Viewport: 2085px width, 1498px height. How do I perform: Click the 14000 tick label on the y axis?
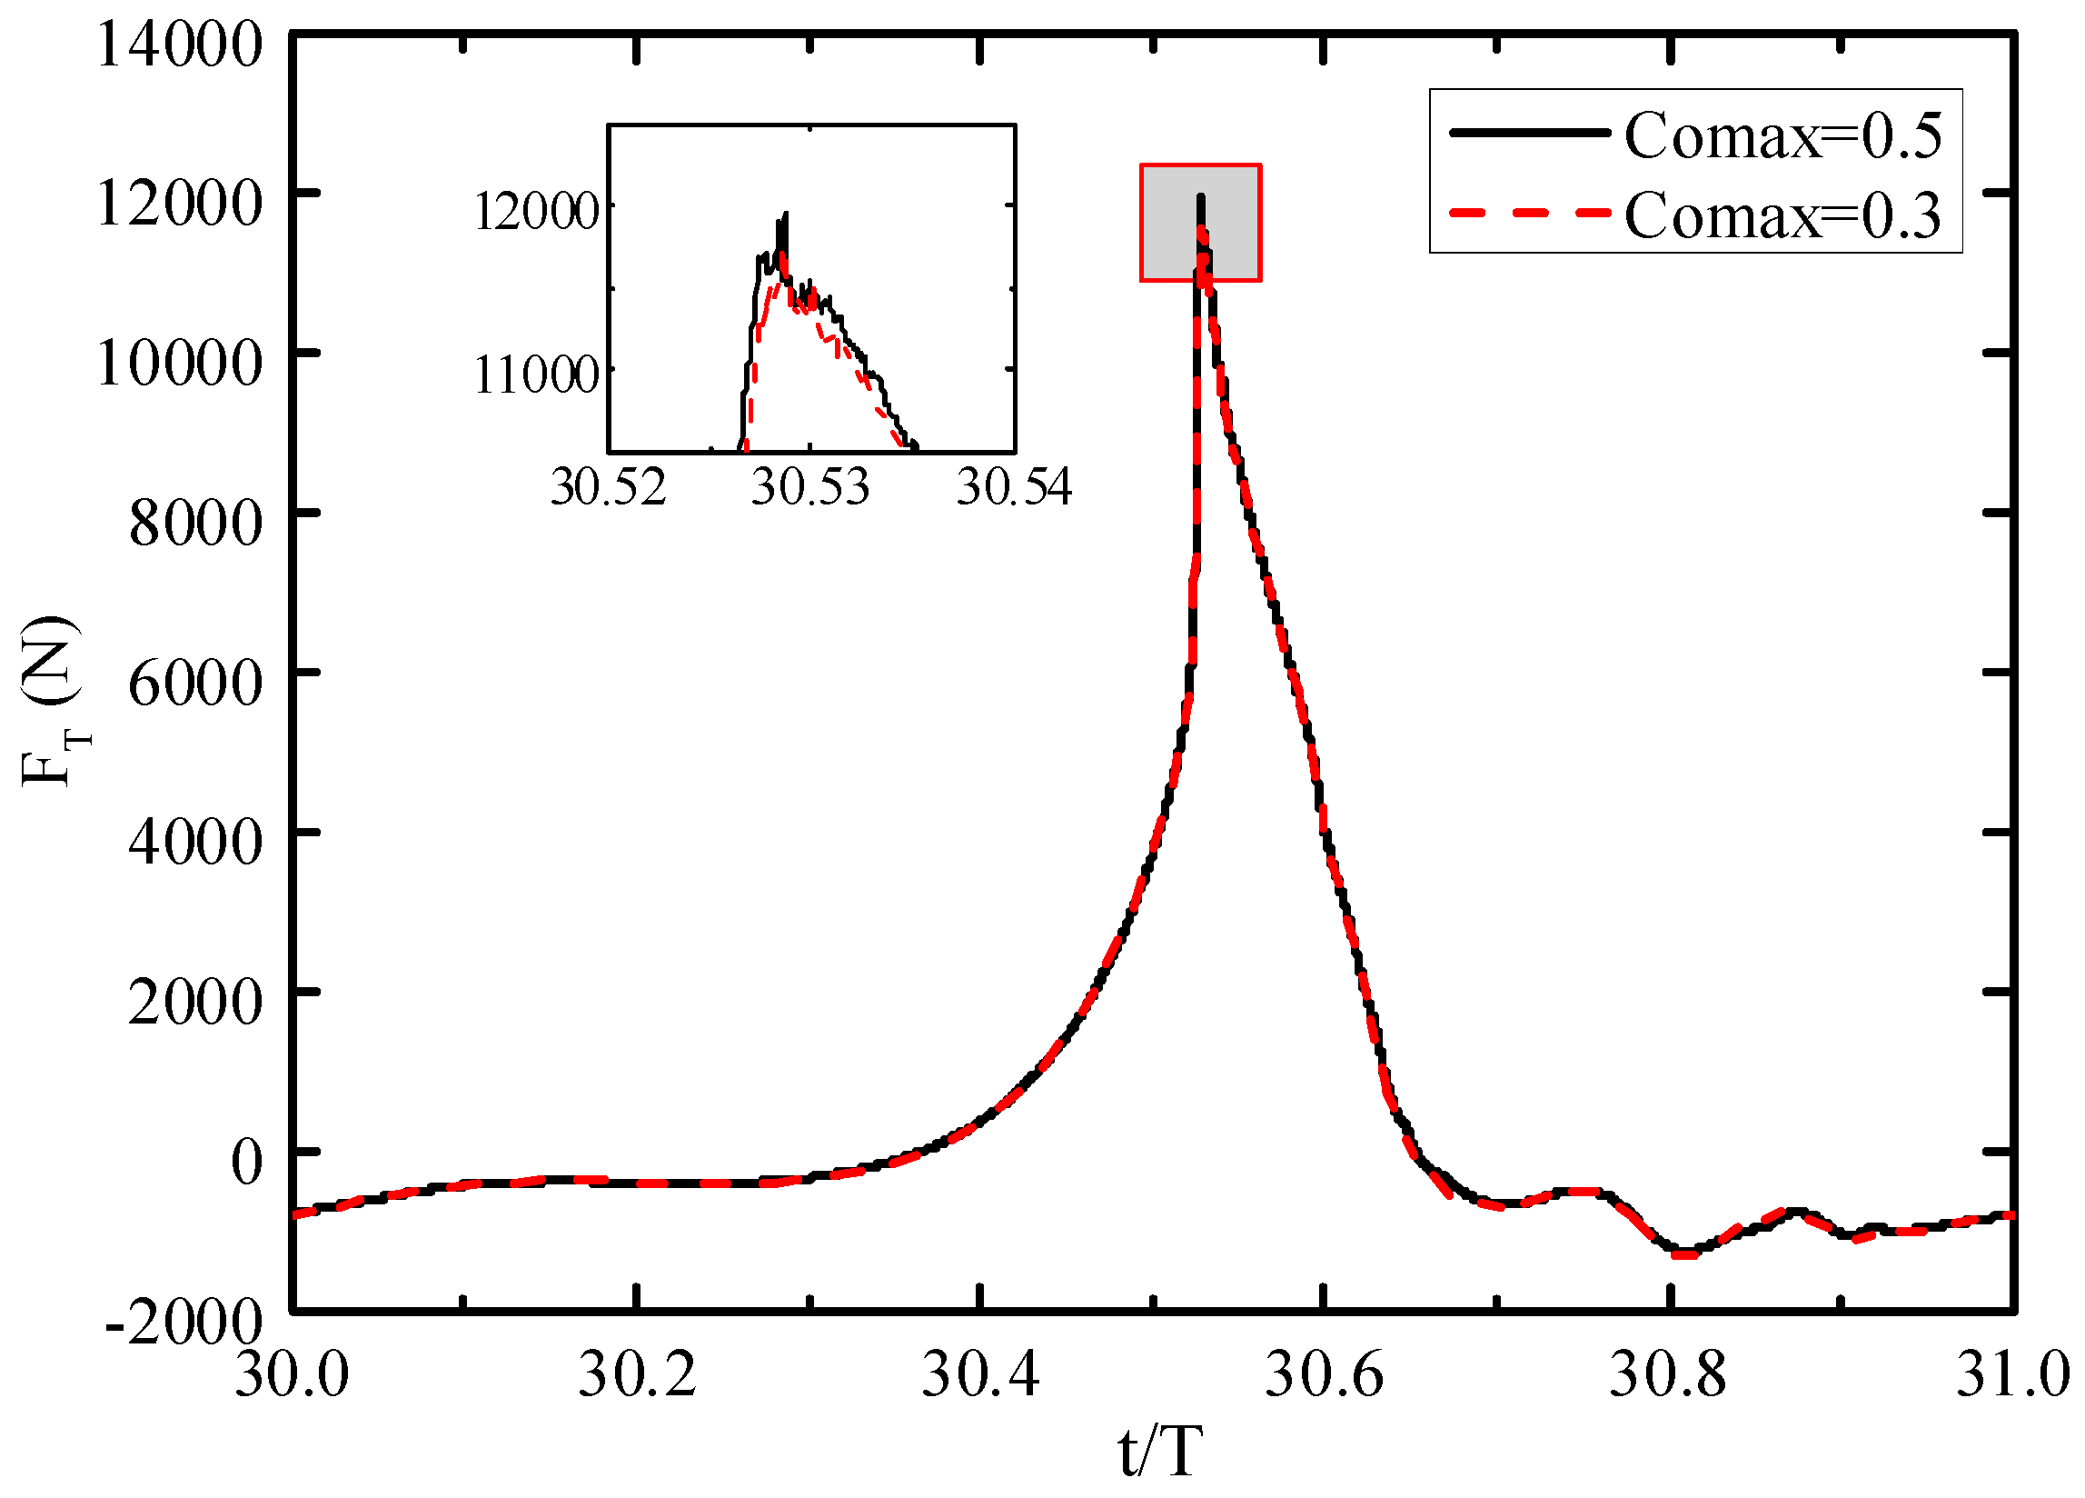pyautogui.click(x=179, y=45)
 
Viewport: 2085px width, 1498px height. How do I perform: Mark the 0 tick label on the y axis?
pyautogui.click(x=246, y=1163)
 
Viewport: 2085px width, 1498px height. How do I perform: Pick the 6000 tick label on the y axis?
pyautogui.click(x=195, y=684)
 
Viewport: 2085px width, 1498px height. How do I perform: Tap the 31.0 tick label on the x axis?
pyautogui.click(x=2011, y=1375)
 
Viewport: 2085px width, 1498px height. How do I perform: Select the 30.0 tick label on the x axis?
pyautogui.click(x=292, y=1375)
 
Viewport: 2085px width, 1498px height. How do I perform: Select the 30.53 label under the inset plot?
pyautogui.click(x=809, y=486)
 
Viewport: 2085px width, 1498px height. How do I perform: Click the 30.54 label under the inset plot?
pyautogui.click(x=1014, y=486)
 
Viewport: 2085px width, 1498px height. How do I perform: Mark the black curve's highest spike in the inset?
pyautogui.click(x=786, y=215)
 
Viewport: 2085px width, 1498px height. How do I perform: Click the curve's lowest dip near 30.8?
pyautogui.click(x=1683, y=1254)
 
